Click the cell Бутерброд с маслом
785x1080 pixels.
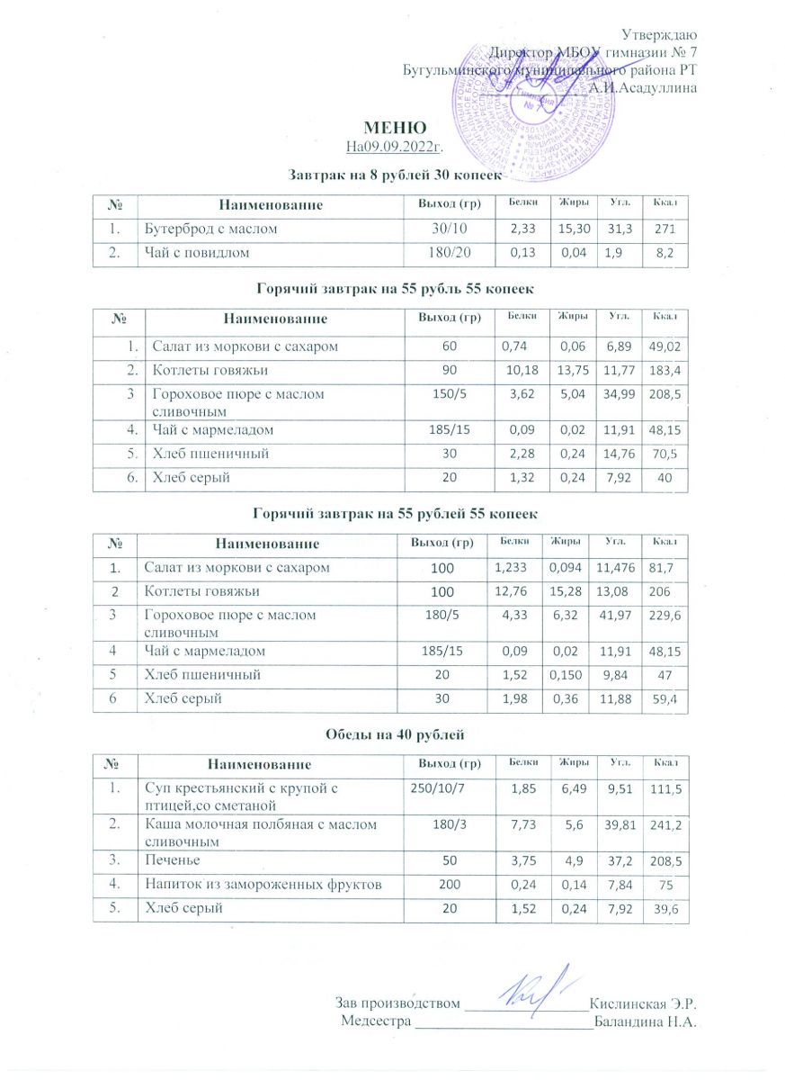click(211, 229)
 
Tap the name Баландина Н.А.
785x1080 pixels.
click(647, 1021)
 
